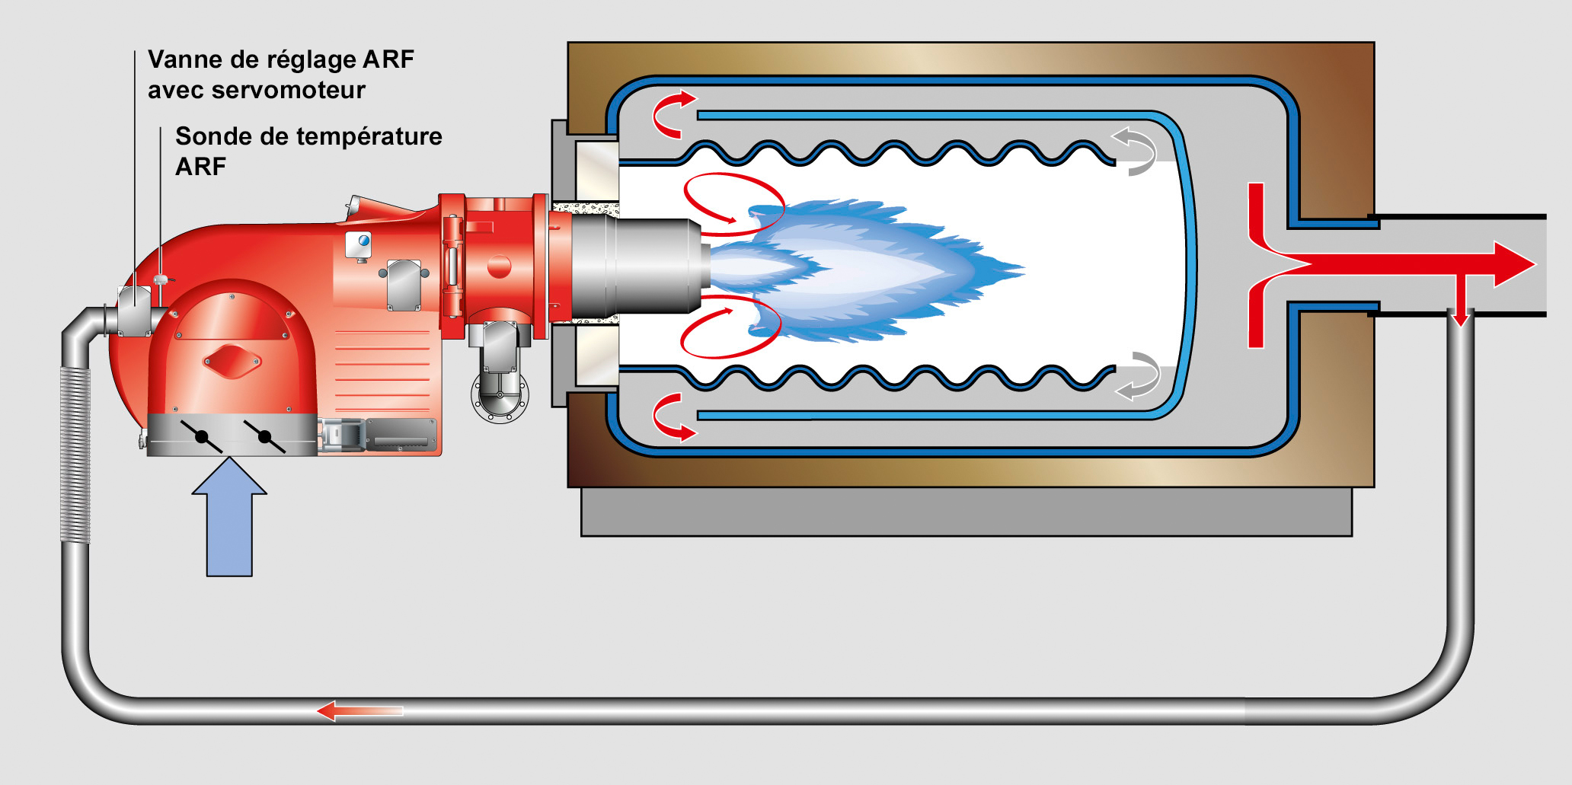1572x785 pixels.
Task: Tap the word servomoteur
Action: (x=289, y=90)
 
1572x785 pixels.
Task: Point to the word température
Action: (x=360, y=137)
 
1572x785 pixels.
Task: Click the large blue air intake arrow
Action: (x=229, y=516)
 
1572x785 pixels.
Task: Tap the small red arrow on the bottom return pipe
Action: (x=359, y=711)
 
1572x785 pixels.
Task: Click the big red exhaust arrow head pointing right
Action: (x=1514, y=264)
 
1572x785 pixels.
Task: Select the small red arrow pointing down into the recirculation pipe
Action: (x=1459, y=301)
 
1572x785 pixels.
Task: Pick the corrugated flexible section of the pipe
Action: (x=75, y=455)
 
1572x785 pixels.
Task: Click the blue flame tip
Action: (x=1013, y=269)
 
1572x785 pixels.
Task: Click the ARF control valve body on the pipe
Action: (x=135, y=311)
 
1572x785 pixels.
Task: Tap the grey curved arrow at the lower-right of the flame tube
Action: (x=1138, y=376)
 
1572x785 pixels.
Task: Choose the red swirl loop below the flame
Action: (x=730, y=327)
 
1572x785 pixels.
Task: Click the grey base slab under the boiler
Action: (x=967, y=512)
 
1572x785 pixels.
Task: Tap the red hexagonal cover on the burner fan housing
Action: (x=232, y=362)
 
